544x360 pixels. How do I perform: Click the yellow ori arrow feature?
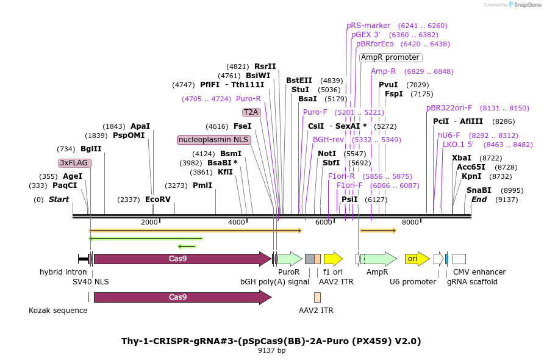417,259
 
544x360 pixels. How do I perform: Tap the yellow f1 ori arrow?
333,259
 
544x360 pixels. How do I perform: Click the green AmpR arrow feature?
378,259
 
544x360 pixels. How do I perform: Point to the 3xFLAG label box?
74,163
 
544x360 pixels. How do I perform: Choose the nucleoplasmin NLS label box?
213,140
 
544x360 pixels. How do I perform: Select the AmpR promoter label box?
390,57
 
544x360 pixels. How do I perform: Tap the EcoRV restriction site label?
158,199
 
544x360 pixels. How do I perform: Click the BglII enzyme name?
91,148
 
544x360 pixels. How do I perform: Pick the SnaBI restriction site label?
479,190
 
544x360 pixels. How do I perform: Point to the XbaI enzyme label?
462,157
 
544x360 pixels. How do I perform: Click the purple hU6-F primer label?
449,135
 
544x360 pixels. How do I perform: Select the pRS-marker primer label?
368,26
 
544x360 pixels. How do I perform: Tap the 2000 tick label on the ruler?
149,222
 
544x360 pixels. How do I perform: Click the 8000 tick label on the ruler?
410,222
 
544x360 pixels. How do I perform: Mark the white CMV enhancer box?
459,259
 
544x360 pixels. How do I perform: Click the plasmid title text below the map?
271,340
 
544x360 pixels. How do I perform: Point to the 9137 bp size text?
271,351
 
